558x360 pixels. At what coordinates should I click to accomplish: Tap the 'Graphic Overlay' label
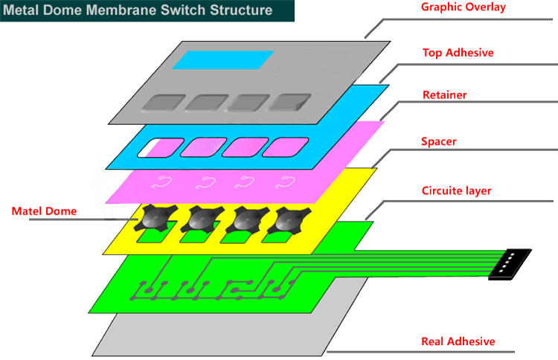(463, 7)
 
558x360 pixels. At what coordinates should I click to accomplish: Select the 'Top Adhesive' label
(458, 53)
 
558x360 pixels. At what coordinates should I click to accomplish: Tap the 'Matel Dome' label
(44, 211)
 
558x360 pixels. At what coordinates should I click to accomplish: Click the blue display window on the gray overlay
(222, 60)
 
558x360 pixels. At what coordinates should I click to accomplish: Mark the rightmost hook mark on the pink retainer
(287, 180)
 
